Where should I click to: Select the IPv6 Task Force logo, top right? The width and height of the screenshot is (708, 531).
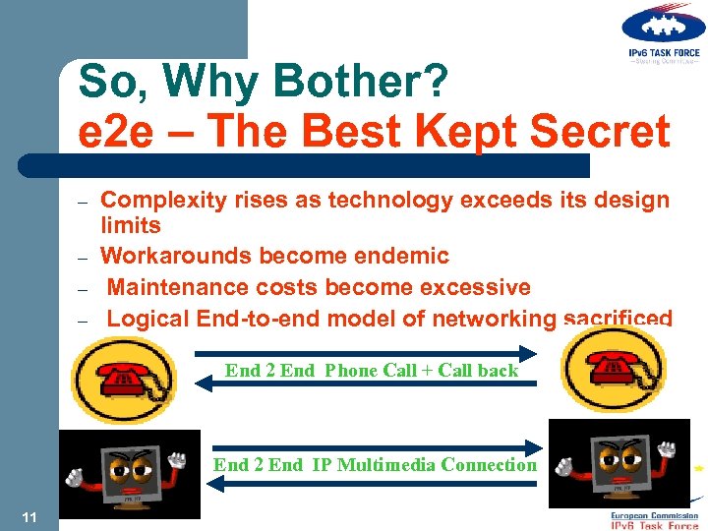[x=662, y=35]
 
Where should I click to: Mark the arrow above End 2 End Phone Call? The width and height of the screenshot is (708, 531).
[x=363, y=352]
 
